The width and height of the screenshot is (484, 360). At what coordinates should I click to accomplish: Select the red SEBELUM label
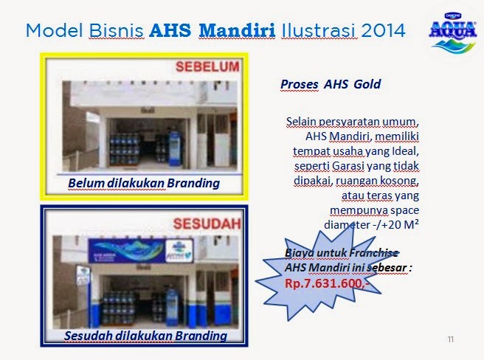pyautogui.click(x=207, y=67)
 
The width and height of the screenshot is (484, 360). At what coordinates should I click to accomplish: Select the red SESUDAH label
pyautogui.click(x=207, y=224)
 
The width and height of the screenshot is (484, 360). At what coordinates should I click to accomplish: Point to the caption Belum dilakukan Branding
pyautogui.click(x=144, y=183)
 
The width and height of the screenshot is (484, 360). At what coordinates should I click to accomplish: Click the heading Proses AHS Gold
pyautogui.click(x=331, y=84)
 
